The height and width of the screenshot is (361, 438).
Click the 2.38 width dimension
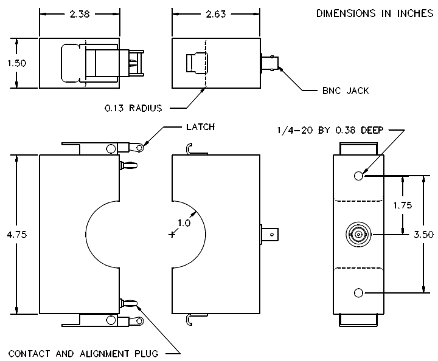pyautogui.click(x=80, y=14)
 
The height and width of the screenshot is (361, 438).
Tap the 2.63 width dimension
pyautogui.click(x=215, y=14)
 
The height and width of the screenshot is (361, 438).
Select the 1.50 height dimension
pyautogui.click(x=17, y=63)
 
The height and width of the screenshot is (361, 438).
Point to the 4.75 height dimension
pyautogui.click(x=17, y=235)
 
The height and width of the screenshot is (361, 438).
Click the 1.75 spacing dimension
pyautogui.click(x=403, y=205)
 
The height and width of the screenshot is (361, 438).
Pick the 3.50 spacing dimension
pyautogui.click(x=423, y=235)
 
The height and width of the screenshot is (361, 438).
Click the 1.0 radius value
pyautogui.click(x=184, y=222)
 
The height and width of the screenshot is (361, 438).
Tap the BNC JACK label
pyautogui.click(x=346, y=91)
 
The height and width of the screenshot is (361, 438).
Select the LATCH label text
pyautogui.click(x=200, y=127)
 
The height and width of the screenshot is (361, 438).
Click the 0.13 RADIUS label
pyautogui.click(x=133, y=108)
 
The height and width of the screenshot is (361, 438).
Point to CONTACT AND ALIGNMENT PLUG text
pyautogui.click(x=83, y=354)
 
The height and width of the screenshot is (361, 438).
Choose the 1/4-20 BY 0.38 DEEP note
pyautogui.click(x=330, y=130)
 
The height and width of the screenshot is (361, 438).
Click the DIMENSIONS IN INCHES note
pyautogui.click(x=375, y=13)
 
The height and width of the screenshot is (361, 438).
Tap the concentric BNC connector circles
pyautogui.click(x=358, y=235)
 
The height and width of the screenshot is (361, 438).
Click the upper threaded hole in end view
pyautogui.click(x=358, y=176)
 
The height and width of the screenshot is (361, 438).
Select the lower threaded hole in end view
pyautogui.click(x=358, y=293)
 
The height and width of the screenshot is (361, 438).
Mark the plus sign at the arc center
pyautogui.click(x=172, y=235)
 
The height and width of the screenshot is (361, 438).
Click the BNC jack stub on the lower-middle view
pyautogui.click(x=269, y=235)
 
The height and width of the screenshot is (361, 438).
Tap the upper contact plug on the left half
pyautogui.click(x=128, y=165)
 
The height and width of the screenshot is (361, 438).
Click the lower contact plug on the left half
pyautogui.click(x=128, y=303)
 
